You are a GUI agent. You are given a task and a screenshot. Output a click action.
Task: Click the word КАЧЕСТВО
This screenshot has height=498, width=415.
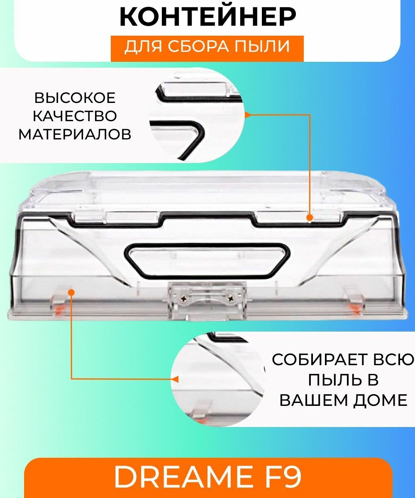point(75,116)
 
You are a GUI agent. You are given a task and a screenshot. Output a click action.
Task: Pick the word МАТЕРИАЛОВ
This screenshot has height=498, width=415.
point(75,134)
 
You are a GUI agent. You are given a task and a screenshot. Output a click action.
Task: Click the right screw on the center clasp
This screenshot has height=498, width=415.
point(231,298)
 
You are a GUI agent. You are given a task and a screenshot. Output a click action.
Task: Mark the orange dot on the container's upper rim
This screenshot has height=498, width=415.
point(310,217)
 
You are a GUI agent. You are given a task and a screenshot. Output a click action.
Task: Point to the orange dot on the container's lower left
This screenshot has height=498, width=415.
point(71,292)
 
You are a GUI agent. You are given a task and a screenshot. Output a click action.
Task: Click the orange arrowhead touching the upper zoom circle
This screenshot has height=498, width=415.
point(247,115)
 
